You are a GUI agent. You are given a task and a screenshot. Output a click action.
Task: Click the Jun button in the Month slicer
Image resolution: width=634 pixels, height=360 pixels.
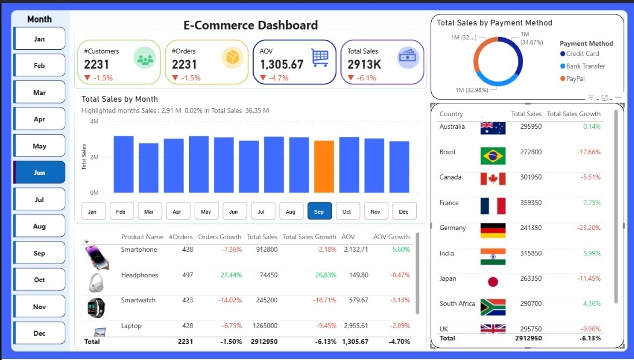[39, 173]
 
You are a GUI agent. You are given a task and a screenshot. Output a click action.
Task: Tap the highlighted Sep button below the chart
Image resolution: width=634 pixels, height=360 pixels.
[318, 211]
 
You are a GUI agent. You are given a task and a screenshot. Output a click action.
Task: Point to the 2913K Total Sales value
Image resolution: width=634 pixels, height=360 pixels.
[364, 64]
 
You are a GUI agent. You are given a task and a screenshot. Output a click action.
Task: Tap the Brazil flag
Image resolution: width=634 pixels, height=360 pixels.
[492, 155]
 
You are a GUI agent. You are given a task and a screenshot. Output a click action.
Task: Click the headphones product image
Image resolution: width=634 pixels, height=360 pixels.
[96, 283]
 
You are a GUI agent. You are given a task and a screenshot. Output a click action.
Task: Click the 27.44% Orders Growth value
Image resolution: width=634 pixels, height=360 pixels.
[231, 275]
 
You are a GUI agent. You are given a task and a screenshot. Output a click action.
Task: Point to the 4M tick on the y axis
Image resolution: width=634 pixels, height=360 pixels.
[94, 121]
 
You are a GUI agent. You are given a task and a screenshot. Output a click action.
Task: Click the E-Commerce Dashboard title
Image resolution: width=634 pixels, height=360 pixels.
[250, 25]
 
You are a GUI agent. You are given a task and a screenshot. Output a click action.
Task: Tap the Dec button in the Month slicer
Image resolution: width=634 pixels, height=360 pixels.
[39, 333]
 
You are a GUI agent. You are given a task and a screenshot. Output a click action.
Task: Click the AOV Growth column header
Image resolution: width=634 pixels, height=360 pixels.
[391, 237]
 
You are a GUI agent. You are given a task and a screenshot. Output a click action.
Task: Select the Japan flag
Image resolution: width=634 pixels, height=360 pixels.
[492, 282]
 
